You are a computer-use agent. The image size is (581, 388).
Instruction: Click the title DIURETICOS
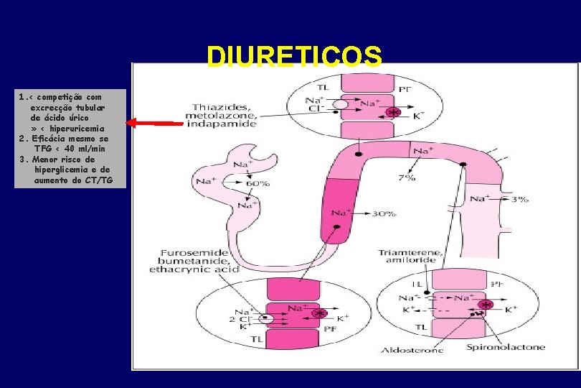click(294, 57)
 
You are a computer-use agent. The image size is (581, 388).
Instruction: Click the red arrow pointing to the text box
click(154, 124)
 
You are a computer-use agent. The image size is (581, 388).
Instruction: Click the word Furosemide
click(195, 254)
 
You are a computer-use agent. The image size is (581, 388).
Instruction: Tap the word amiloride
click(410, 262)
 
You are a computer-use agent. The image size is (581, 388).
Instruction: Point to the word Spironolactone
click(506, 347)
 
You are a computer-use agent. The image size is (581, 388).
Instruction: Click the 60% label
click(258, 184)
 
